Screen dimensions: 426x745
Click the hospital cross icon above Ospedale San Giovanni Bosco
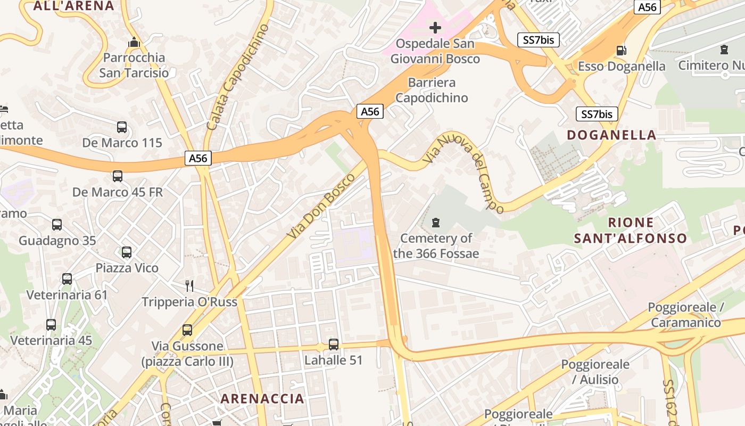(435, 27)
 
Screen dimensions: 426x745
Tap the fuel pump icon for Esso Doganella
(621, 50)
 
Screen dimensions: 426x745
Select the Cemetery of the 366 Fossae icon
(436, 222)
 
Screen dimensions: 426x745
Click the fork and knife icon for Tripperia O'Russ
(189, 286)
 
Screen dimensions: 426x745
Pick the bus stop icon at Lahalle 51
(334, 345)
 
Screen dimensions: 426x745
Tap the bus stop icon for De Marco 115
(122, 127)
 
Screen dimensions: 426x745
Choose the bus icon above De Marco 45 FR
(118, 176)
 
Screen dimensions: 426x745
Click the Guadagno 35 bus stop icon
(57, 225)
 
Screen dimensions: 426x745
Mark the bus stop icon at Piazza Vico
(127, 252)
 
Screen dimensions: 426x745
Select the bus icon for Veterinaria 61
(67, 279)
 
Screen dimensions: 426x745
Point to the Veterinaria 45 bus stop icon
(51, 325)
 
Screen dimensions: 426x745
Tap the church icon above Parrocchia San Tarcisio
(134, 42)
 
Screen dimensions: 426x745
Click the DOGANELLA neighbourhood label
(611, 135)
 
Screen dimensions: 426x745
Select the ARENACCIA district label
(262, 399)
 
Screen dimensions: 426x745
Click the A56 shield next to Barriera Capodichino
(370, 111)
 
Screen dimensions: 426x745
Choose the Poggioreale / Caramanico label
(685, 315)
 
